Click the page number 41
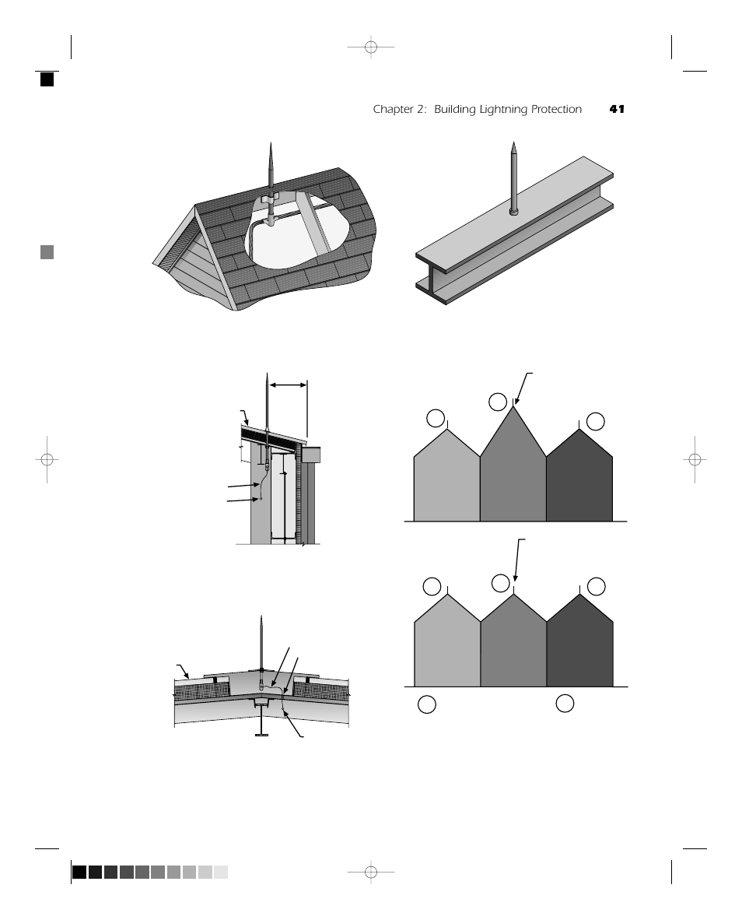pyautogui.click(x=617, y=110)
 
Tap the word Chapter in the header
pyautogui.click(x=392, y=110)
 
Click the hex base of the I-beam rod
pyautogui.click(x=514, y=210)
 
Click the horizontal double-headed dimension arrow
pyautogui.click(x=288, y=384)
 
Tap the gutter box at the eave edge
pyautogui.click(x=311, y=454)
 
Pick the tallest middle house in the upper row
pyautogui.click(x=513, y=475)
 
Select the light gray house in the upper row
pyautogui.click(x=446, y=483)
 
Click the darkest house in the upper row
pyautogui.click(x=579, y=483)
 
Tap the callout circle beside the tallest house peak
pyautogui.click(x=498, y=402)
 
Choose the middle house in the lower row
pyautogui.click(x=513, y=646)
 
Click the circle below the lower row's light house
pyautogui.click(x=426, y=704)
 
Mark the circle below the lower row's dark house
pyautogui.click(x=565, y=703)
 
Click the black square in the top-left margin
pyautogui.click(x=47, y=79)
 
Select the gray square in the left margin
pyautogui.click(x=47, y=252)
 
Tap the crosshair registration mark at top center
pyautogui.click(x=371, y=47)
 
